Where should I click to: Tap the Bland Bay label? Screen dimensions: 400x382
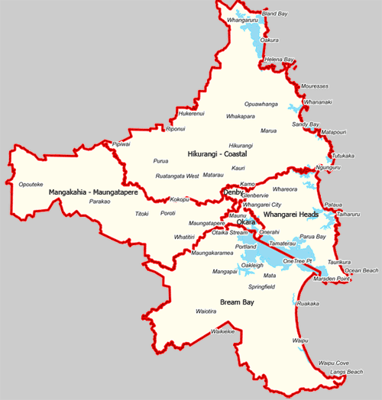point(275,14)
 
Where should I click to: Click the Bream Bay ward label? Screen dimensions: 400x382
point(237,302)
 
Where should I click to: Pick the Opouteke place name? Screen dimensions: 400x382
point(31,184)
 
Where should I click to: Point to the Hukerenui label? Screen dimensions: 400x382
point(191,114)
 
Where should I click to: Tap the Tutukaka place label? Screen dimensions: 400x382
point(343,156)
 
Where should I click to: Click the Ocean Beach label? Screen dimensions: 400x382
point(361,270)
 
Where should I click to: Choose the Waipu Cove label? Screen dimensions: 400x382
point(333,363)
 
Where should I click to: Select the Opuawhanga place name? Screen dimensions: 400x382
point(261,104)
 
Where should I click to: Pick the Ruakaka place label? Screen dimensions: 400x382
point(307,304)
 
